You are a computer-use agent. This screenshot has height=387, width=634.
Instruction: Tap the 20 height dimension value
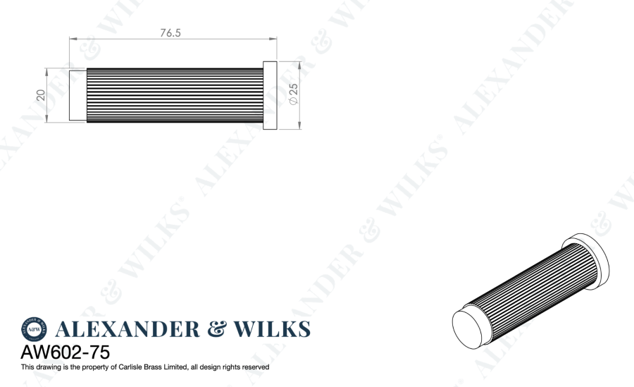point(41,94)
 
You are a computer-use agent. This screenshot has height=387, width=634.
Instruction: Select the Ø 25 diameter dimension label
point(294,94)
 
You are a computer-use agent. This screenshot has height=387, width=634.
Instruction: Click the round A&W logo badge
point(34,329)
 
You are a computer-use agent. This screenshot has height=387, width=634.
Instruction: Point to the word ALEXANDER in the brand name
point(126,329)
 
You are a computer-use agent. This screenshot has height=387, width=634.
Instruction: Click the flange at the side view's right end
point(270,95)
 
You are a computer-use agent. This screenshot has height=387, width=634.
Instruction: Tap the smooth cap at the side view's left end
point(77,95)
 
